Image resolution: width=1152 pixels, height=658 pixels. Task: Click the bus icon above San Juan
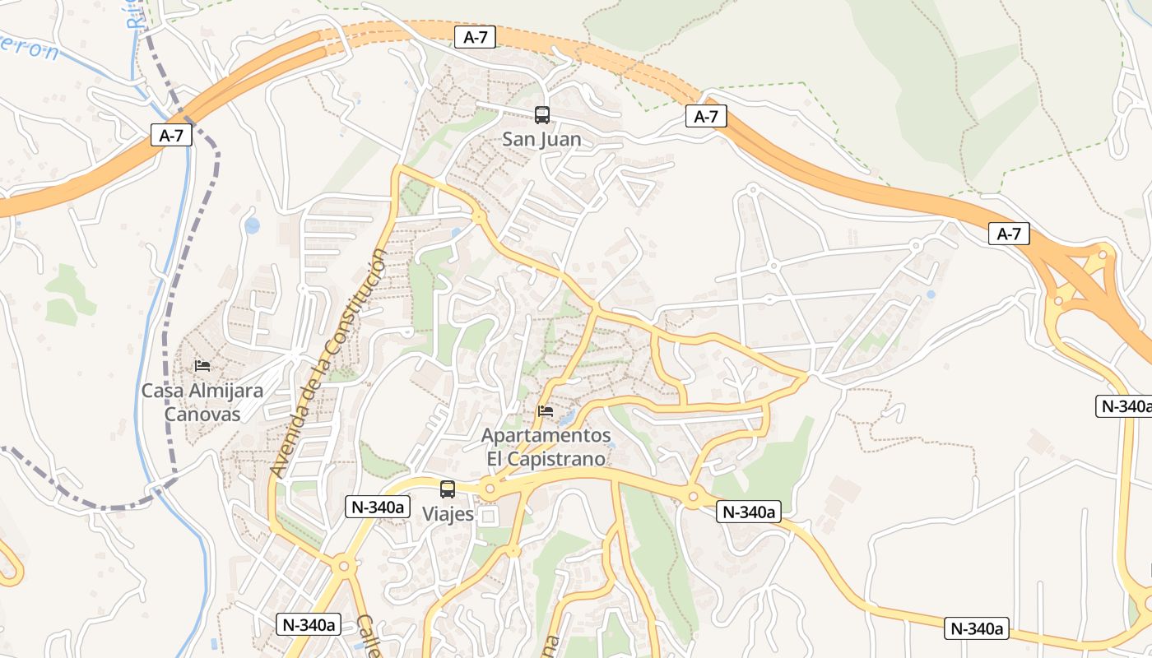coord(541,115)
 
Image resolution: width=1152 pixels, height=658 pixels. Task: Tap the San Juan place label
coord(541,140)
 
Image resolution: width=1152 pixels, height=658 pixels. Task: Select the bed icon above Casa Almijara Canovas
coord(202,366)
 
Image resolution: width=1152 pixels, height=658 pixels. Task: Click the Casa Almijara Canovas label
coord(202,402)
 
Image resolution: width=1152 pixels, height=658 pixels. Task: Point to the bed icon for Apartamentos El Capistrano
coord(545,411)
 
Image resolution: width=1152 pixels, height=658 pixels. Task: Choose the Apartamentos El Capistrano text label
coord(546,447)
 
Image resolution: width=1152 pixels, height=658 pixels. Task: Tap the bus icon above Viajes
coord(448,489)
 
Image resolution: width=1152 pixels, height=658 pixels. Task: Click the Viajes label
coord(448,514)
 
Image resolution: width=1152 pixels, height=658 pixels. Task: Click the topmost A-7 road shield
coord(476,36)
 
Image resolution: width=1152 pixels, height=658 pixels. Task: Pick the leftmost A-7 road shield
coord(171,135)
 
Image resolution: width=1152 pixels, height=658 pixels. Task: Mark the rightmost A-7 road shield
coord(1009,234)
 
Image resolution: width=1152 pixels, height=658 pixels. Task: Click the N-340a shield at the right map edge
coord(1124,405)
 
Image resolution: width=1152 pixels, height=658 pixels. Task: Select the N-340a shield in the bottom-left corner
coord(309,624)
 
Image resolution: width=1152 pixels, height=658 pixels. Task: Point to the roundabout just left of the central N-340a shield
coord(693,496)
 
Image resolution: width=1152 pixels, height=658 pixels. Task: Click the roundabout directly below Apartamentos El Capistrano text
coord(490,489)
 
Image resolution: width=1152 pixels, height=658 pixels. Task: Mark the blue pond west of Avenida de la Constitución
coord(252,225)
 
